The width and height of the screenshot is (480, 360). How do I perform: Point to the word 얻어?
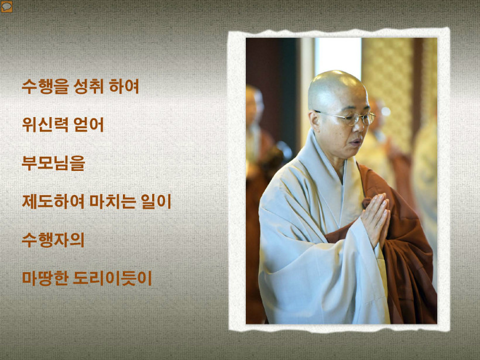(x=88, y=125)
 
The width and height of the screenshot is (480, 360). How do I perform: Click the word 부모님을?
(x=53, y=163)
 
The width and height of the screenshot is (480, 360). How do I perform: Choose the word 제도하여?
(x=53, y=201)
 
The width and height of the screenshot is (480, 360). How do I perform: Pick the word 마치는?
(x=112, y=201)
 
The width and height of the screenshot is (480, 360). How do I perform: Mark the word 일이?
(x=156, y=201)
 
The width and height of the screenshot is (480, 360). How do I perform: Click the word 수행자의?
(x=53, y=239)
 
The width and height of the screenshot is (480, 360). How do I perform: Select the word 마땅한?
(x=45, y=278)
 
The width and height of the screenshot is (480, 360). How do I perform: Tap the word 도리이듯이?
(x=112, y=278)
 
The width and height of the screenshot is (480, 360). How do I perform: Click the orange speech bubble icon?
(x=6, y=7)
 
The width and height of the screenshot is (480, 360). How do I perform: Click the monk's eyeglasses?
(x=345, y=118)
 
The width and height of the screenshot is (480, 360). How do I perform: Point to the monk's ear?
(x=314, y=122)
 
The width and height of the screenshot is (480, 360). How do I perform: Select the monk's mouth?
(x=356, y=142)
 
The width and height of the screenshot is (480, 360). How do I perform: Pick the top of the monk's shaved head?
(x=337, y=74)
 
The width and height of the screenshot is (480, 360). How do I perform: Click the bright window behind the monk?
(x=338, y=57)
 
